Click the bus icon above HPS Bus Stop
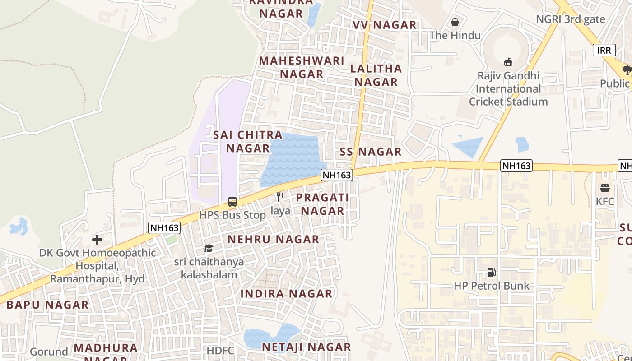click(x=232, y=202)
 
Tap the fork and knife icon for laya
click(x=280, y=197)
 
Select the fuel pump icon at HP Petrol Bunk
click(x=492, y=273)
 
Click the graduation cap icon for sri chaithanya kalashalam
click(x=209, y=249)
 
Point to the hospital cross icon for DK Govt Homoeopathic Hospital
click(x=97, y=240)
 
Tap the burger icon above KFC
click(x=605, y=188)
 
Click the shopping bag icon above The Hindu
click(x=455, y=22)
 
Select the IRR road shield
click(x=604, y=50)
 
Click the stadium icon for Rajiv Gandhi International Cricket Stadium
click(x=508, y=62)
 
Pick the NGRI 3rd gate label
click(x=570, y=19)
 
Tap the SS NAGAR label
click(x=371, y=152)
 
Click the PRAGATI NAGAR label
click(x=322, y=204)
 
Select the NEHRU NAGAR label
click(x=273, y=240)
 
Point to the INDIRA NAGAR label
click(x=286, y=294)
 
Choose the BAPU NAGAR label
click(x=47, y=305)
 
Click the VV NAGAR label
click(x=385, y=25)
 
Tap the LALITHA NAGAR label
click(x=376, y=75)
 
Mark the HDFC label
click(x=220, y=351)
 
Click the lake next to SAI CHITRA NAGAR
click(x=293, y=158)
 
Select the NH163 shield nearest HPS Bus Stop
click(x=164, y=228)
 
